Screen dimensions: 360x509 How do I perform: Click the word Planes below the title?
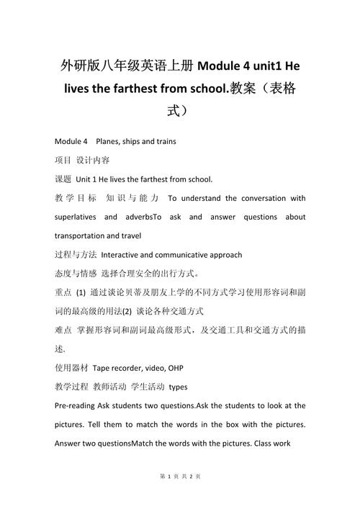pos(110,141)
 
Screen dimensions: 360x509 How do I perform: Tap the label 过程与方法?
pos(76,254)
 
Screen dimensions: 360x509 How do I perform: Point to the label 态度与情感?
pos(76,274)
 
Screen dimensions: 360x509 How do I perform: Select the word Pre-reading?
pos(78,406)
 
